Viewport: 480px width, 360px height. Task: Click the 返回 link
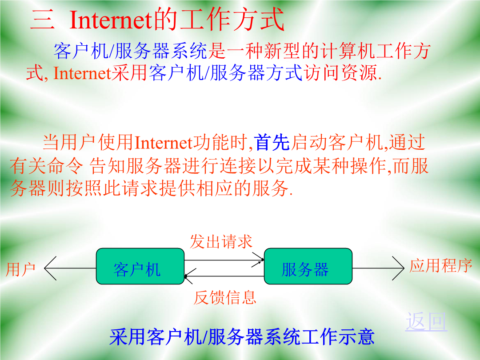[x=426, y=321]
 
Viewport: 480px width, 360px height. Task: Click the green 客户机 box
[x=140, y=266]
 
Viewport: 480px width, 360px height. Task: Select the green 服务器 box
[x=308, y=266]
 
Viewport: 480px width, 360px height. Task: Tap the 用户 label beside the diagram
[x=21, y=269]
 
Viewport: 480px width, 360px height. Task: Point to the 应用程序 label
[x=441, y=265]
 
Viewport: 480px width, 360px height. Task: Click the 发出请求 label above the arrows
[x=221, y=241]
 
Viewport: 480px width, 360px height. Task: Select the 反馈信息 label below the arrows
[x=225, y=297]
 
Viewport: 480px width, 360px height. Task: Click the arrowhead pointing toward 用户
[x=50, y=268]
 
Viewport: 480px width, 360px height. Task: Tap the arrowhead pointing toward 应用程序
[x=398, y=268]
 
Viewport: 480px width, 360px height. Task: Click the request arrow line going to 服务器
[x=224, y=260]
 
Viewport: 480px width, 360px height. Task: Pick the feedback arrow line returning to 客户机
[x=224, y=276]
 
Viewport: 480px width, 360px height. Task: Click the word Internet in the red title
[x=111, y=20]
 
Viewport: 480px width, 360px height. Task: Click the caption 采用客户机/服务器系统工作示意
[x=242, y=337]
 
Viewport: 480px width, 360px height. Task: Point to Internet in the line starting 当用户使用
[x=164, y=143]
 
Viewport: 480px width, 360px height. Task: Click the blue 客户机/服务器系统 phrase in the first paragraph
[x=131, y=51]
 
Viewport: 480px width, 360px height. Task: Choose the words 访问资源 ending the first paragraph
[x=340, y=73]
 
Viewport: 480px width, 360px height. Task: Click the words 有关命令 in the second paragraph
[x=46, y=166]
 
